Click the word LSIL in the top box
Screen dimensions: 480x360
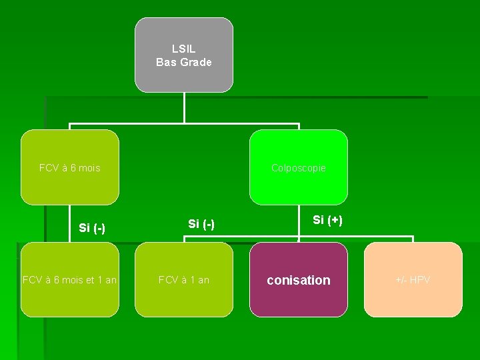coord(184,49)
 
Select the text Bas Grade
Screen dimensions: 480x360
coord(184,63)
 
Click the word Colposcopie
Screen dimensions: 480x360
coord(299,168)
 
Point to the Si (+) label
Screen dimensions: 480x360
coord(328,220)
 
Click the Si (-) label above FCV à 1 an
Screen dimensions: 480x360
coord(201,224)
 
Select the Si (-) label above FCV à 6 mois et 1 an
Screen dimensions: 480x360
coord(92,228)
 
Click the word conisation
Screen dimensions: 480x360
coord(299,281)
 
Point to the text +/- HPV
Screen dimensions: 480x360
coord(413,280)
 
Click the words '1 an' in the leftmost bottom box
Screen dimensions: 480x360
coord(105,280)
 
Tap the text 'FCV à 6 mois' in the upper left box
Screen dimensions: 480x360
coord(70,168)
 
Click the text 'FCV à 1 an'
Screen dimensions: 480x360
coord(184,280)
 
